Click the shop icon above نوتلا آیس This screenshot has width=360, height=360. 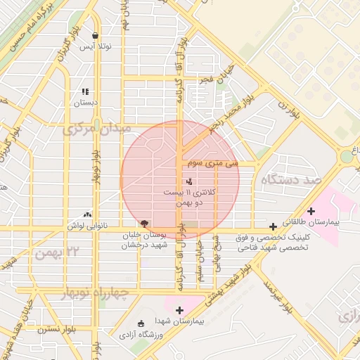tap(95, 36)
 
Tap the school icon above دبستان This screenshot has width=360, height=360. tap(85, 91)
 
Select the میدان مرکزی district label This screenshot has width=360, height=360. tap(96, 129)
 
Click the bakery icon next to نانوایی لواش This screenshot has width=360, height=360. tap(87, 214)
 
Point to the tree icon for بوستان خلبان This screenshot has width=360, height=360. tap(144, 224)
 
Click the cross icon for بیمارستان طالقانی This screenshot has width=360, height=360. tap(311, 211)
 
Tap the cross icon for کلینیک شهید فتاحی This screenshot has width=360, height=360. tap(273, 227)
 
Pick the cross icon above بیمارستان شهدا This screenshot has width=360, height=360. tap(179, 310)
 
